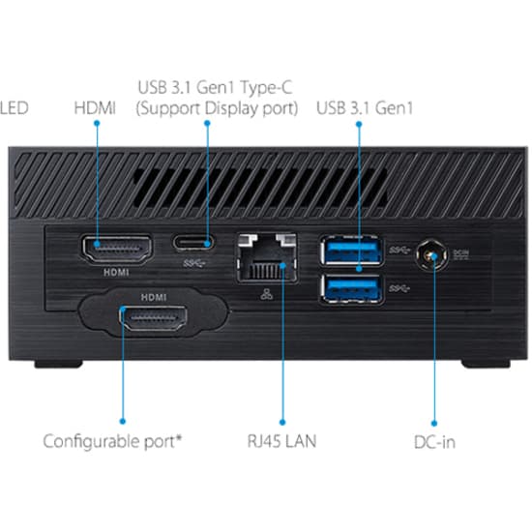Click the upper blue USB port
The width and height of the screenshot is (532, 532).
(x=350, y=252)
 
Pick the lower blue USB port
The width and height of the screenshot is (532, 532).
(x=350, y=287)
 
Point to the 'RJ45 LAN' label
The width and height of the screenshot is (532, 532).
(x=281, y=442)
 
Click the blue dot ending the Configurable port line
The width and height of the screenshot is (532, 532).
(x=123, y=421)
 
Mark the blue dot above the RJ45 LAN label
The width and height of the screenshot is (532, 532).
(x=282, y=421)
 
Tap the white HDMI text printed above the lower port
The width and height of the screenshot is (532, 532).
(x=154, y=297)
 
